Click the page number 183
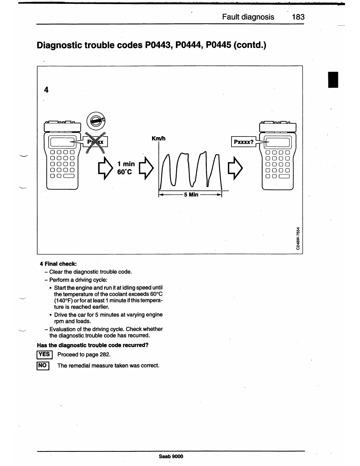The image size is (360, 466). (298, 17)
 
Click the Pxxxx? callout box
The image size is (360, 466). (244, 142)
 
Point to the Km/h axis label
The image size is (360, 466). (158, 138)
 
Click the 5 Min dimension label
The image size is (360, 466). (191, 194)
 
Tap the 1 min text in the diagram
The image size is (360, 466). (126, 164)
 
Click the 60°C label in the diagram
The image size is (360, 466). (125, 172)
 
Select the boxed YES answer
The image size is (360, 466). (44, 355)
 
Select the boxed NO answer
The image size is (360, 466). (43, 366)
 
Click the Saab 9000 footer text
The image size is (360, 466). (171, 456)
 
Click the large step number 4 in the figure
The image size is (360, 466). (46, 90)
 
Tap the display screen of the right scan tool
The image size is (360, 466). (278, 143)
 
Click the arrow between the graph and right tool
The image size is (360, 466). (237, 168)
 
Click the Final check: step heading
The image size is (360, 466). (60, 264)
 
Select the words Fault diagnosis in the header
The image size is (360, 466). (248, 17)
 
